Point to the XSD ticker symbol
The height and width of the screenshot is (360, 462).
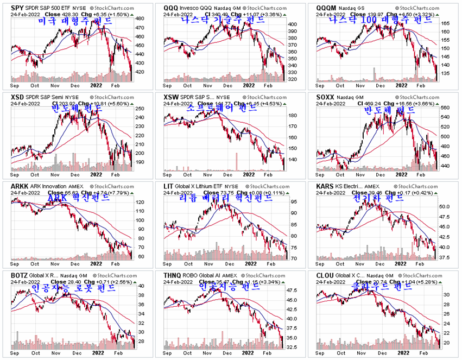[18, 97]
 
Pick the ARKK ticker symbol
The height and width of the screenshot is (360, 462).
[20, 186]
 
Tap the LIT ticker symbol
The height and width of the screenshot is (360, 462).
[168, 186]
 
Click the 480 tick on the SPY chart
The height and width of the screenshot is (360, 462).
[140, 18]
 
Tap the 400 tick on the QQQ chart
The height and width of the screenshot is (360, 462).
[292, 24]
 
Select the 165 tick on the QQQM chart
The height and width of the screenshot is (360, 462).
[445, 24]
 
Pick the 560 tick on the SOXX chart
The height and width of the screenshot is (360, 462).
[445, 108]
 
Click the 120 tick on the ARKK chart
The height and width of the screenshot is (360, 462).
[140, 202]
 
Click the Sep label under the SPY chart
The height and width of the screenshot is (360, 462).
[15, 85]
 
